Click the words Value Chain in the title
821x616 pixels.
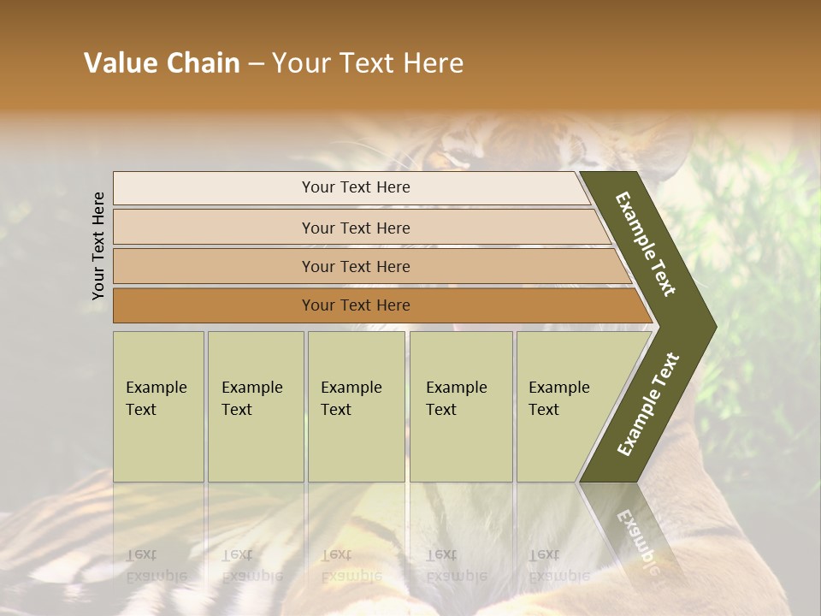point(162,63)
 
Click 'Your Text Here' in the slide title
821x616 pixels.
point(368,63)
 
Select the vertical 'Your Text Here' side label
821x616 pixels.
point(98,246)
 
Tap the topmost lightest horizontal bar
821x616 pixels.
point(214,188)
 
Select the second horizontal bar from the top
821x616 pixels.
point(214,228)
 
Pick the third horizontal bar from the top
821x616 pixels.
point(214,266)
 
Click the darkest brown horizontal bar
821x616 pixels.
point(214,305)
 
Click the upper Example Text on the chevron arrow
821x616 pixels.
point(646,244)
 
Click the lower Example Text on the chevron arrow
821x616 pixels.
point(648,404)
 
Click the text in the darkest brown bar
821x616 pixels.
point(356,305)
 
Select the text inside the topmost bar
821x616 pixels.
point(356,187)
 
